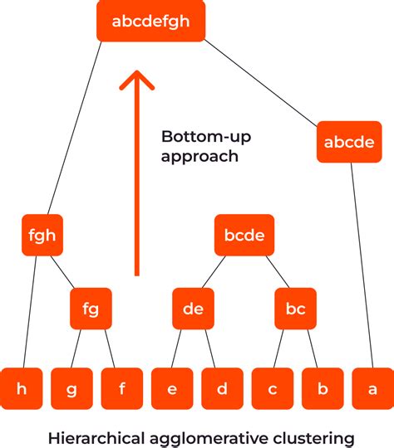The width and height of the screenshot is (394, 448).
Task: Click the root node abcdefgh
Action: click(150, 21)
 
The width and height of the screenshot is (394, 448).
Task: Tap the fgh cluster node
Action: click(42, 235)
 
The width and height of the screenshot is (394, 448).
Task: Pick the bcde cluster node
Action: click(244, 235)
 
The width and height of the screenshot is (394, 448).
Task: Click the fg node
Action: click(91, 309)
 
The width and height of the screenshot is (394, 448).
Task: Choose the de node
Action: click(193, 309)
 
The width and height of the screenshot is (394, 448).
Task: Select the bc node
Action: click(295, 309)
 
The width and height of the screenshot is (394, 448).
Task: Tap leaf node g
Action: click(71, 388)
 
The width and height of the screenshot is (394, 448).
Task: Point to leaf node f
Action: click(121, 388)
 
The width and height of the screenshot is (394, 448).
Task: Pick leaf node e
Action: click(172, 388)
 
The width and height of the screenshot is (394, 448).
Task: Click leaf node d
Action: click(222, 388)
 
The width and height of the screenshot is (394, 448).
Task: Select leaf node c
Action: click(273, 388)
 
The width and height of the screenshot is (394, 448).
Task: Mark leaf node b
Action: click(323, 388)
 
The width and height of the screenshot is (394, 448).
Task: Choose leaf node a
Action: click(372, 388)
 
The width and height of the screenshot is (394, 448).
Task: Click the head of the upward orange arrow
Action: click(137, 80)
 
